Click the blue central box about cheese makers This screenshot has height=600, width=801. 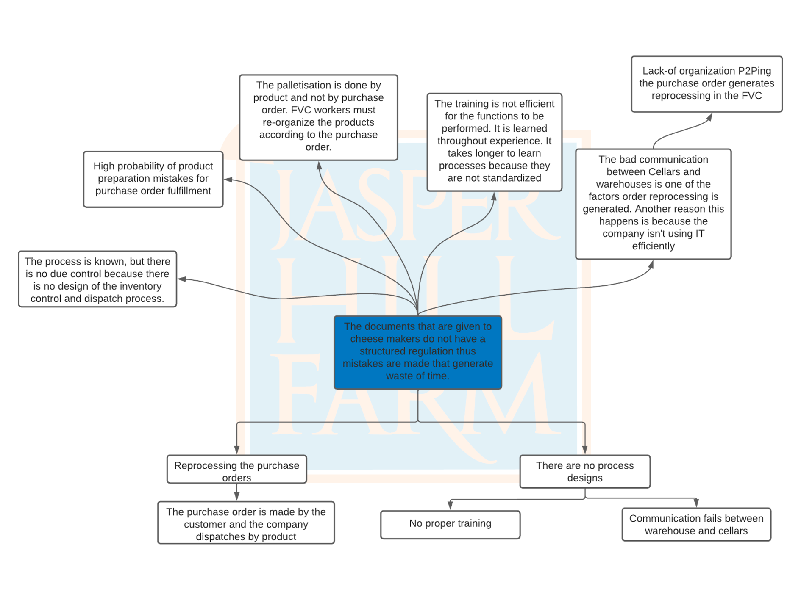pyautogui.click(x=418, y=352)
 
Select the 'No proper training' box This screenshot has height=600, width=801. pyautogui.click(x=450, y=524)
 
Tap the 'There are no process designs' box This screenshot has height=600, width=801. pyautogui.click(x=585, y=471)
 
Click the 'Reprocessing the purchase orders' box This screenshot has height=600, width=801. pyautogui.click(x=236, y=469)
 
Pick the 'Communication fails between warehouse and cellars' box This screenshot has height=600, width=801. pyautogui.click(x=696, y=524)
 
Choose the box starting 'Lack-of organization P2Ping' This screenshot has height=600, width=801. pyautogui.click(x=706, y=84)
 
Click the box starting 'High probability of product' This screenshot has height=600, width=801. pyautogui.click(x=153, y=179)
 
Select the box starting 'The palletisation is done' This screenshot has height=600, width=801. pyautogui.click(x=318, y=117)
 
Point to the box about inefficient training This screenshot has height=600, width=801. pyautogui.click(x=494, y=142)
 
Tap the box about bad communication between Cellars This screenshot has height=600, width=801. pyautogui.click(x=653, y=204)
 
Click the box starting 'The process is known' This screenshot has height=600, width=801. pyautogui.click(x=97, y=279)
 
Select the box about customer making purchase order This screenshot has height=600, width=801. pyautogui.click(x=246, y=523)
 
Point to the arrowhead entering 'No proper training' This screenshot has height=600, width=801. pyautogui.click(x=450, y=505)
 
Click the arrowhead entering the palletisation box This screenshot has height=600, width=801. pyautogui.click(x=319, y=165)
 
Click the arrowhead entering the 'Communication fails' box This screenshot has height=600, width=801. pyautogui.click(x=696, y=503)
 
